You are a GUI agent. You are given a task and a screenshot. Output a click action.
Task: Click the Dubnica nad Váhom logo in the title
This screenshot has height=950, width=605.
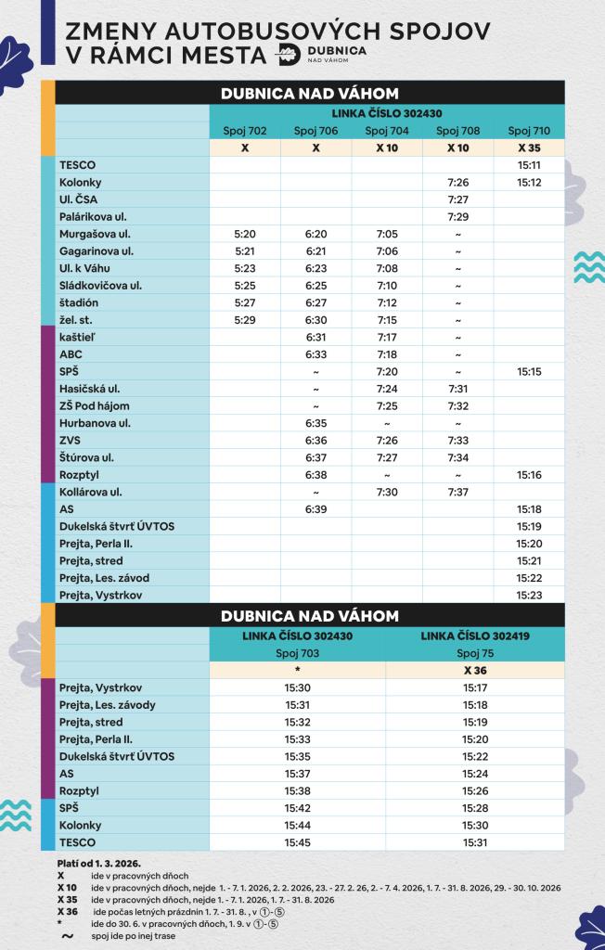tap(321, 54)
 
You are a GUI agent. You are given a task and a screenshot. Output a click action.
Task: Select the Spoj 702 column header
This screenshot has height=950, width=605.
tap(244, 131)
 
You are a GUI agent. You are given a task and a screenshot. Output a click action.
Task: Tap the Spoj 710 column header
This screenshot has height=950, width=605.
tap(529, 131)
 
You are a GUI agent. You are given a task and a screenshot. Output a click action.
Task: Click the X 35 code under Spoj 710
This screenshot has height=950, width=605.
tap(529, 148)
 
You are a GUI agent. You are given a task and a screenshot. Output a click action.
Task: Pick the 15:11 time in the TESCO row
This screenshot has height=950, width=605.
tap(529, 165)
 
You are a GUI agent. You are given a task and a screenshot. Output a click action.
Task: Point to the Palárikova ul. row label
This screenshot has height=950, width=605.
tap(93, 216)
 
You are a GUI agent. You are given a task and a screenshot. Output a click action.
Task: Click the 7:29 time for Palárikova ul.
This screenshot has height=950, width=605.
tap(457, 216)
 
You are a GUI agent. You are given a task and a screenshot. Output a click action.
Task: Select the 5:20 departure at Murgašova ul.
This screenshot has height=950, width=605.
tap(244, 234)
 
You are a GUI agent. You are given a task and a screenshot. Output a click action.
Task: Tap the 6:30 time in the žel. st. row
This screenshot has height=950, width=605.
tap(315, 319)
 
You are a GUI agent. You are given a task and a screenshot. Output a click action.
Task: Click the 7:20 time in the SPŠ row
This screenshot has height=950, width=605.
tap(387, 371)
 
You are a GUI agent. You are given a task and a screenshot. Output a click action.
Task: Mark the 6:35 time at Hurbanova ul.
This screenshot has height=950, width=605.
tap(315, 423)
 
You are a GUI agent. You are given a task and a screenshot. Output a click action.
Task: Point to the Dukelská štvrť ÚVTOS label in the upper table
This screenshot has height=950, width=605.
tap(117, 526)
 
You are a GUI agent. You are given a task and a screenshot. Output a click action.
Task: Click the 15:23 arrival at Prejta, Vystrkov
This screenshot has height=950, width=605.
tap(529, 595)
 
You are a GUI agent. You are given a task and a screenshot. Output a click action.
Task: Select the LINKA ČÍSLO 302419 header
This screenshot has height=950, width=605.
tap(475, 635)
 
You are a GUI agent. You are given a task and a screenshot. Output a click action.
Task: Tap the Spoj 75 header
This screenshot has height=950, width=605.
tap(475, 653)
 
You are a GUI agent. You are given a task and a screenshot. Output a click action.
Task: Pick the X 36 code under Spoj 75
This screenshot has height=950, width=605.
tap(475, 670)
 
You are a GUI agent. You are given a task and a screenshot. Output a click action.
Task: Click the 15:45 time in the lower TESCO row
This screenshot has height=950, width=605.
tap(297, 842)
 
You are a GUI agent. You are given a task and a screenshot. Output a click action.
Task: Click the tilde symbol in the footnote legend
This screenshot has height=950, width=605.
tap(66, 936)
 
